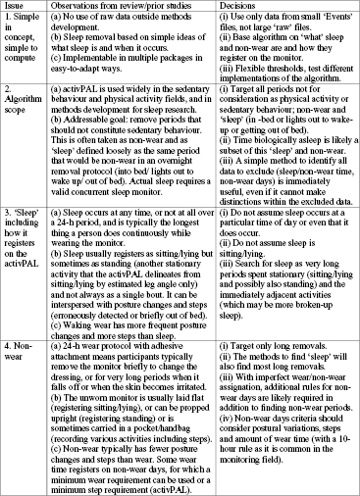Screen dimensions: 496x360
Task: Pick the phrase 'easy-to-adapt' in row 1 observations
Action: (150, 67)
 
